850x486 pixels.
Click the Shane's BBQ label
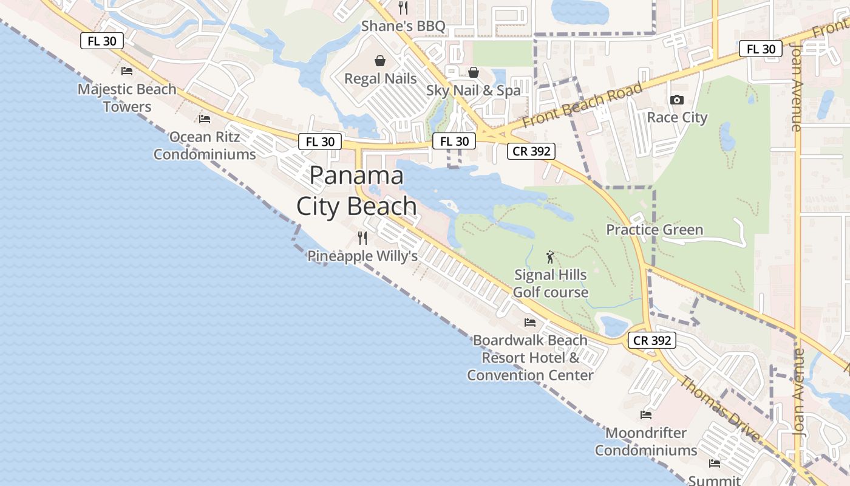tap(403, 26)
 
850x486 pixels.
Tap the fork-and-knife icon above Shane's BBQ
tap(403, 7)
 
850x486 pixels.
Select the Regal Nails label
tap(380, 78)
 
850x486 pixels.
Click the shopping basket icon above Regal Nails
tap(380, 60)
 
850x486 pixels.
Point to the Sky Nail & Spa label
tap(473, 91)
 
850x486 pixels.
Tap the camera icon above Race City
tap(676, 100)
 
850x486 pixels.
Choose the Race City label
tap(677, 117)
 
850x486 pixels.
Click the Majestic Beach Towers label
tap(127, 98)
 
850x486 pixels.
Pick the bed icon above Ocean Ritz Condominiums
tap(205, 119)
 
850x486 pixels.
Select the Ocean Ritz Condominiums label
tap(205, 145)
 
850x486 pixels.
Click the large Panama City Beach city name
tap(356, 191)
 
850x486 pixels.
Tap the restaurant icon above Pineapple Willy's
tap(362, 238)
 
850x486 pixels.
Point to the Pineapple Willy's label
tap(362, 256)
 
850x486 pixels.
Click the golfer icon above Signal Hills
tap(550, 257)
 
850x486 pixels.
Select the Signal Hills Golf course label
tap(551, 283)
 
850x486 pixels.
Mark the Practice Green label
tap(654, 230)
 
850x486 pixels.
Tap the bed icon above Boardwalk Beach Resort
tap(530, 323)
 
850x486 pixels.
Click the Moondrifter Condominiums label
tap(646, 442)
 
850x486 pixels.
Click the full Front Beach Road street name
tap(582, 105)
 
